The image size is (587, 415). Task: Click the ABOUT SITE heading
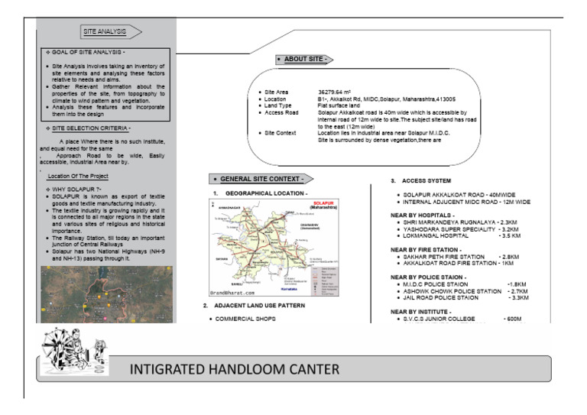(x=304, y=59)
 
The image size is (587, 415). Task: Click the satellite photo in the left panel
(x=106, y=293)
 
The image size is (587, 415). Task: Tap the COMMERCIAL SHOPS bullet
(x=244, y=319)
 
